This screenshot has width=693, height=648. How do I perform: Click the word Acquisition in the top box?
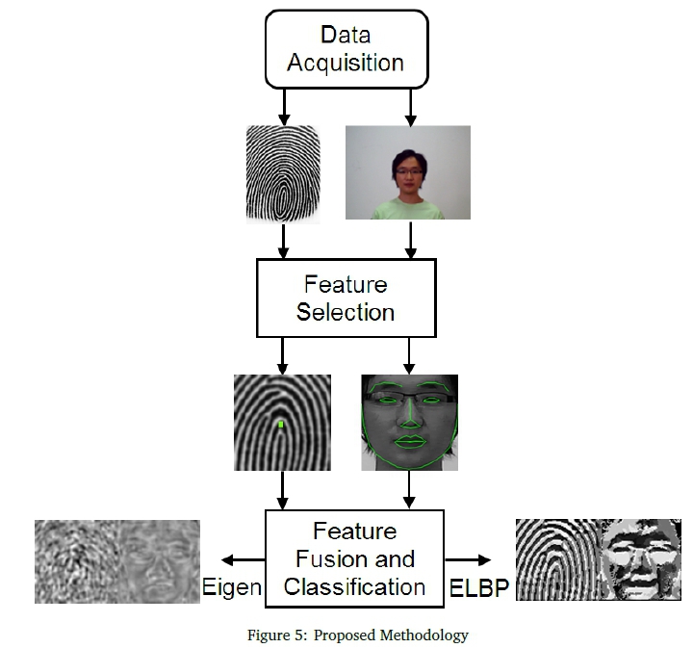point(345,64)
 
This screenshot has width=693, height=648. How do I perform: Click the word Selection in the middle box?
point(346,312)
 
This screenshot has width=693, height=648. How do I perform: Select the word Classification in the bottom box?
point(355,585)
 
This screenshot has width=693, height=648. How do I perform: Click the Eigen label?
point(232,586)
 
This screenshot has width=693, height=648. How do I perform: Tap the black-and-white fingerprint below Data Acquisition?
point(283,174)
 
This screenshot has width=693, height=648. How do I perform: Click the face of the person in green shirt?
point(408,171)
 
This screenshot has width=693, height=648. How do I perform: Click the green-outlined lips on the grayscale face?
point(410,442)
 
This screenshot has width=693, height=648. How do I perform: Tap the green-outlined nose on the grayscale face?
point(410,420)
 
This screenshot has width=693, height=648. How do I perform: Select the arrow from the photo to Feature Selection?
point(411,240)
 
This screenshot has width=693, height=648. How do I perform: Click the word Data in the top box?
point(345,36)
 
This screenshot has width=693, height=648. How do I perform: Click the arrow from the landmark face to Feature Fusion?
point(409,491)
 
